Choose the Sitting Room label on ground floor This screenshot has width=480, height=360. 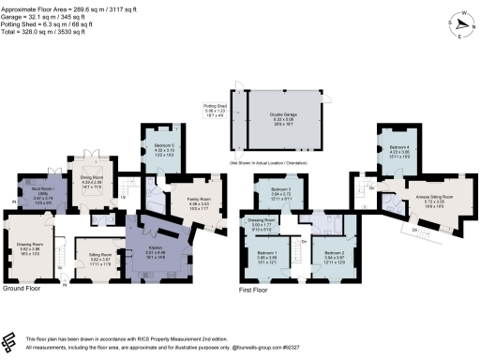[x=100, y=254]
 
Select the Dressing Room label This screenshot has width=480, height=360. [x=262, y=221]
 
